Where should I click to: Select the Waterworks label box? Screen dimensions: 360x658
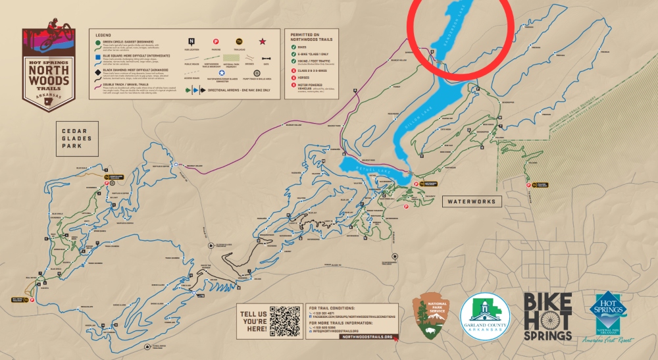click(x=471, y=201)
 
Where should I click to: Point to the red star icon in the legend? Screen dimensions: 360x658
click(x=261, y=41)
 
